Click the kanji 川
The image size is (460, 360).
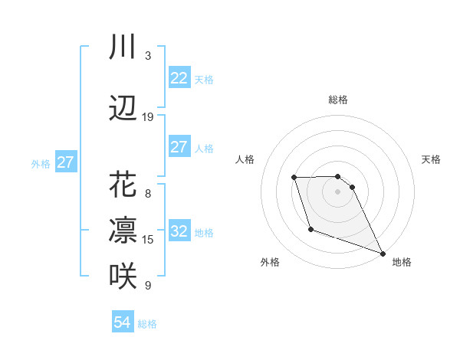point(123,47)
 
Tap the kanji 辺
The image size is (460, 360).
point(123,109)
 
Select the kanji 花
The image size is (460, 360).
point(123,185)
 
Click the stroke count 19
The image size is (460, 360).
point(148,117)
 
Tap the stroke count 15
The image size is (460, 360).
point(148,240)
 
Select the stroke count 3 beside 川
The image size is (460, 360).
point(148,56)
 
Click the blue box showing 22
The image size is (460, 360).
point(179,78)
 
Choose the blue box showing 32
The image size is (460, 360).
point(179,231)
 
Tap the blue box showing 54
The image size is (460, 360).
point(123,322)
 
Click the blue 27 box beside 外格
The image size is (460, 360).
point(66,162)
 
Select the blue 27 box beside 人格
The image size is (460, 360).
point(179,147)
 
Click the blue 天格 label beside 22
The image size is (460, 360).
point(204,80)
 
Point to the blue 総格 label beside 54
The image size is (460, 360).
point(147,324)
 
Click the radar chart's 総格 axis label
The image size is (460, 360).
point(337,100)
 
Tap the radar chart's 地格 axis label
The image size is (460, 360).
point(402,262)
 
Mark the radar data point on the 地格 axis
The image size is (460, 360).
point(383,254)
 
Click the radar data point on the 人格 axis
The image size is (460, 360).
point(294,178)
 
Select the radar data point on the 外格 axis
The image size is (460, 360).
point(310,229)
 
